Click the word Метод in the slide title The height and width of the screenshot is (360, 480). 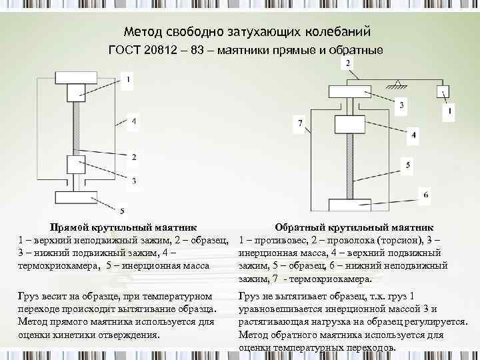(141, 31)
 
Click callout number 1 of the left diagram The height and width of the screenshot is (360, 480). (128, 81)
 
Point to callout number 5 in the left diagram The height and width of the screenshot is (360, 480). (121, 211)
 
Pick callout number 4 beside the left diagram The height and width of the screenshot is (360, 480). (134, 121)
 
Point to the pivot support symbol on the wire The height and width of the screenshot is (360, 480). (397, 83)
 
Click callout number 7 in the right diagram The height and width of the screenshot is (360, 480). (301, 123)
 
